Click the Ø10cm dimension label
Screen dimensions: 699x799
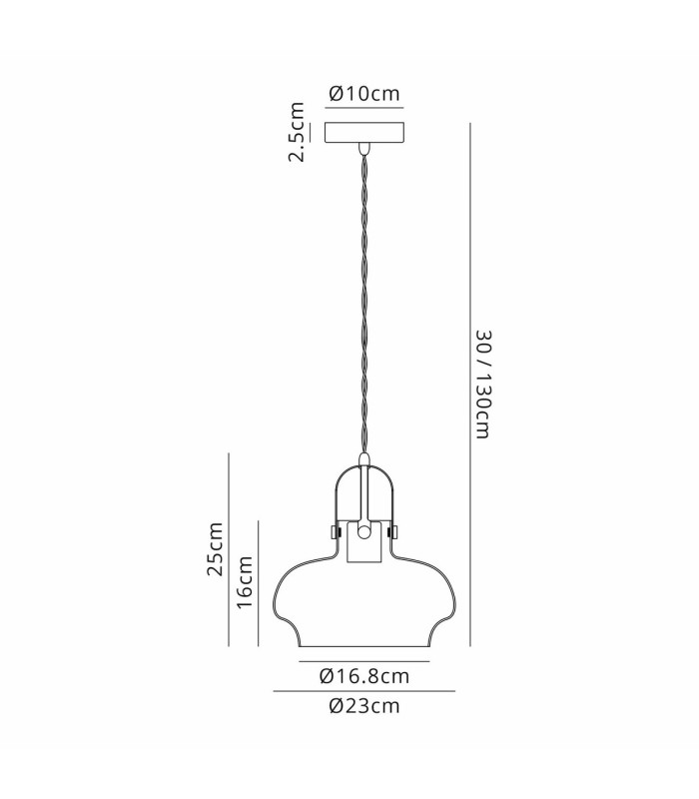coord(364,93)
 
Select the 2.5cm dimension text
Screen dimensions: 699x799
coord(297,132)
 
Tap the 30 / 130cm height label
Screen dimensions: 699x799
coord(483,385)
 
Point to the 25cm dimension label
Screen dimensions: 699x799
coord(215,549)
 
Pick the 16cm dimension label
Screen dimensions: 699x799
coord(245,582)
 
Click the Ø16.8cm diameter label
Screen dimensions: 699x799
coord(364,676)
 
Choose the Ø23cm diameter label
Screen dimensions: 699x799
coord(364,706)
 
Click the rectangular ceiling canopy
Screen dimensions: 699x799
coord(364,133)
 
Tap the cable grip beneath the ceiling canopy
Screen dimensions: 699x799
coord(363,148)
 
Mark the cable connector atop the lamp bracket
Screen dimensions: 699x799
coord(363,459)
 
